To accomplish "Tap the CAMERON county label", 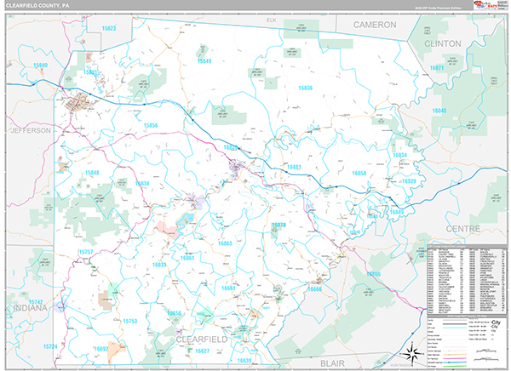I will click(375, 26).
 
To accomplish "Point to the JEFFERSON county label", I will click(32, 130).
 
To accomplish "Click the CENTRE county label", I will click(462, 228).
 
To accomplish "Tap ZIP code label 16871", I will click(439, 67).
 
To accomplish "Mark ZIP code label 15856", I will click(151, 125).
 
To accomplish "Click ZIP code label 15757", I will click(86, 253).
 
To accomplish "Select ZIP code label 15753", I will click(129, 321).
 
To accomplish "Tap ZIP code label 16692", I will click(101, 348).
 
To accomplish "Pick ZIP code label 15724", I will click(50, 346).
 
